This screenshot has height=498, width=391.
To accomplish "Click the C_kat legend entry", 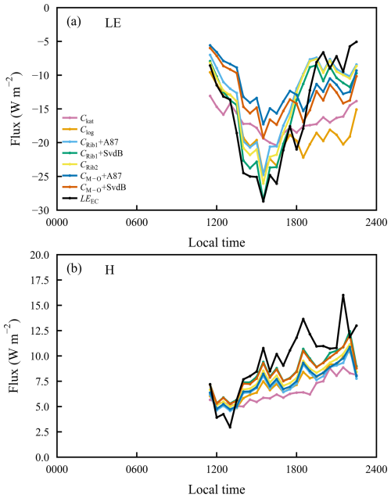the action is (78, 119).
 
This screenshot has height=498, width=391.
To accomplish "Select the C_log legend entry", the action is (78, 131).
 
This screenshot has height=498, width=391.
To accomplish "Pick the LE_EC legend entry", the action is (81, 199).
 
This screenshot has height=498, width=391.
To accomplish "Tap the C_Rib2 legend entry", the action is (81, 164).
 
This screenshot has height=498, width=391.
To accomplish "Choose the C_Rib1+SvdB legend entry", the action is (93, 153).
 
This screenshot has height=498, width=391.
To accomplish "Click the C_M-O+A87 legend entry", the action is (92, 176).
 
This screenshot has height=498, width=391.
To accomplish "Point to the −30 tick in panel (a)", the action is (44, 210).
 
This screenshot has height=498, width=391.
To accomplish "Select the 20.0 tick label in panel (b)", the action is (41, 255).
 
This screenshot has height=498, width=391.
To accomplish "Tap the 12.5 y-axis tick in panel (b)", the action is (41, 331).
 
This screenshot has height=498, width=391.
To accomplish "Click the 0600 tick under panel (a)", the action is (137, 221).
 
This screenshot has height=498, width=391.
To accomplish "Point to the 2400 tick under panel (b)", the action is (376, 468).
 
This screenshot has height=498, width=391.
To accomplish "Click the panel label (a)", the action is (74, 22).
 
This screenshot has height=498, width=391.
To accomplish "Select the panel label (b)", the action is (74, 269).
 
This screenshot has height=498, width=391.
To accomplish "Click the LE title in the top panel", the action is (113, 23).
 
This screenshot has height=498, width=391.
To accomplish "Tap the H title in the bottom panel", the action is (109, 270).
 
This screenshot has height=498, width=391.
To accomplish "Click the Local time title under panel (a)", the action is (217, 242).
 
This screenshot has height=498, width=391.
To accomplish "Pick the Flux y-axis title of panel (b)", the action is (16, 356).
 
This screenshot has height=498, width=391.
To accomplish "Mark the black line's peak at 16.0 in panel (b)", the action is (343, 295).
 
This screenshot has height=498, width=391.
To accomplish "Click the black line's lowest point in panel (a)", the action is (263, 201).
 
